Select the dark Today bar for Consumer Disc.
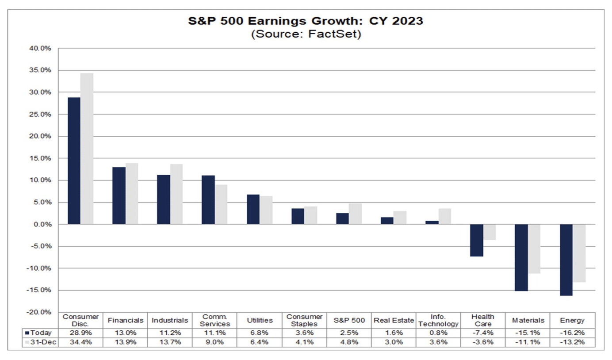tap(74, 161)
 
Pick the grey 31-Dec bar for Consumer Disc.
tap(87, 149)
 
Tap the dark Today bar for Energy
tap(566, 260)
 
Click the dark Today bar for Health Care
tap(477, 241)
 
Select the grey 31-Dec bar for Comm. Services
tap(221, 204)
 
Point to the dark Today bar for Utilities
tap(253, 209)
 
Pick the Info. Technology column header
tap(438, 321)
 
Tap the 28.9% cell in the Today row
tap(80, 333)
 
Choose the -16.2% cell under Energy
tap(572, 333)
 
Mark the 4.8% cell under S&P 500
tap(349, 342)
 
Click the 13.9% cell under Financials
tap(125, 342)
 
